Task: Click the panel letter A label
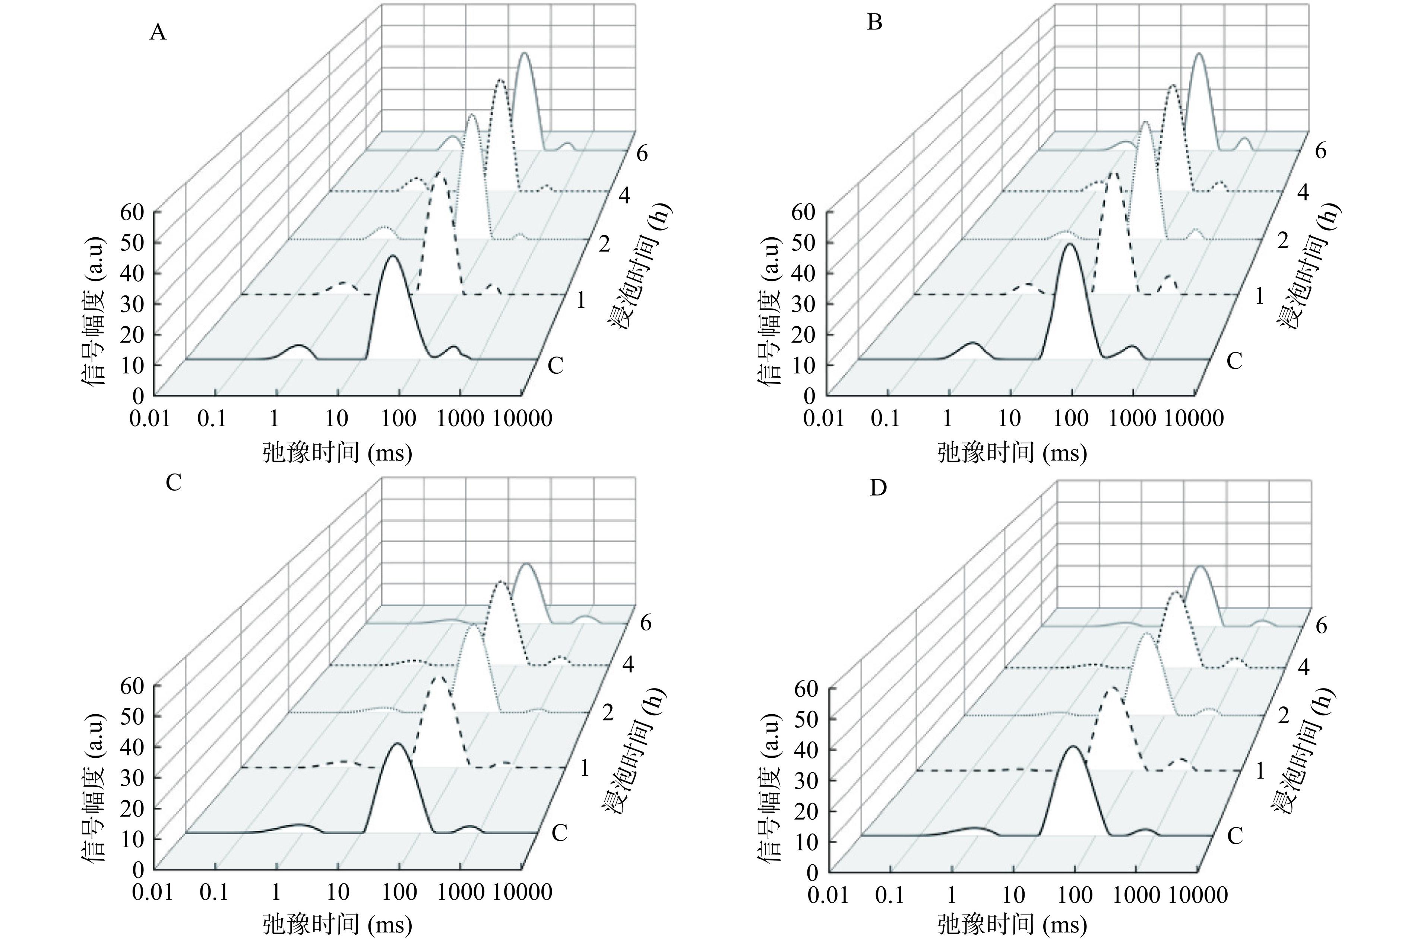click(x=158, y=32)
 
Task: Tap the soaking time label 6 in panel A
click(x=642, y=154)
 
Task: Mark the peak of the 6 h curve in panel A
click(x=525, y=54)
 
